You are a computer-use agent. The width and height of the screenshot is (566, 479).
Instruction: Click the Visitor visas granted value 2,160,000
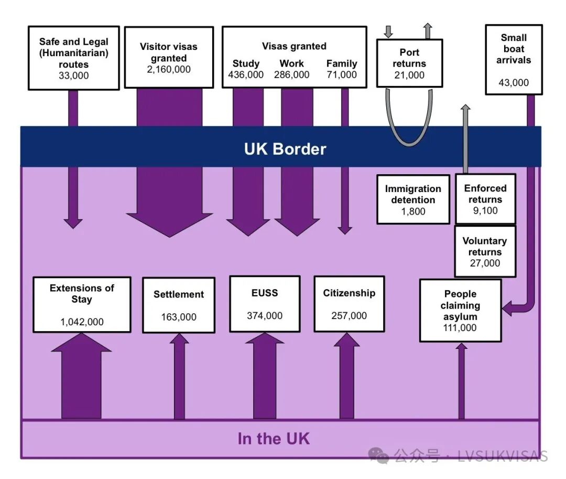coord(169,69)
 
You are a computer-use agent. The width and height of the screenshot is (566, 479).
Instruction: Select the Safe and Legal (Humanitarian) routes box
coord(73,58)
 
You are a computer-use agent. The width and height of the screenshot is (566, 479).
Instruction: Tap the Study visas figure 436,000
coord(246,75)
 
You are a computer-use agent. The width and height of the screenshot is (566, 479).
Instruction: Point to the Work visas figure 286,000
coord(291,75)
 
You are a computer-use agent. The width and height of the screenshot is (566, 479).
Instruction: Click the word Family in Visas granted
coord(342,63)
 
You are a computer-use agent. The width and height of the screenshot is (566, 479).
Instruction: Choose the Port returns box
coord(409,63)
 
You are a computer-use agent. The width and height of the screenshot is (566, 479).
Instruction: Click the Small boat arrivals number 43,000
coord(514,82)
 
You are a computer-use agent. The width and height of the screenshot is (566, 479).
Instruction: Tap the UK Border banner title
coord(285,149)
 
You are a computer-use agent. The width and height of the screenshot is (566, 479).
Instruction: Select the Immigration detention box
coord(413,199)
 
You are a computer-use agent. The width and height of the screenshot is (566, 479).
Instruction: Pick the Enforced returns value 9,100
coord(485,211)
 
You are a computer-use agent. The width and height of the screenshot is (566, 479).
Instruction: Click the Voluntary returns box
coord(484,251)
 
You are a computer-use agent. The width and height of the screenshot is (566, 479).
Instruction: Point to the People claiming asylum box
coord(460,310)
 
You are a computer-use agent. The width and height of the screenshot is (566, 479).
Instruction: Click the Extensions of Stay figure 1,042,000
coord(82,322)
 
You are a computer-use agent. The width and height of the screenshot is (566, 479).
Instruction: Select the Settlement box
coord(178,305)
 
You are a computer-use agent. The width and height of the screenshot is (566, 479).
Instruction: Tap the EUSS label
coord(264,293)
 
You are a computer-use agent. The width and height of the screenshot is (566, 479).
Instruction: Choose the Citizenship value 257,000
coord(349,316)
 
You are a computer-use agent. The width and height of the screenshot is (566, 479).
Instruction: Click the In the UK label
coord(274,439)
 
